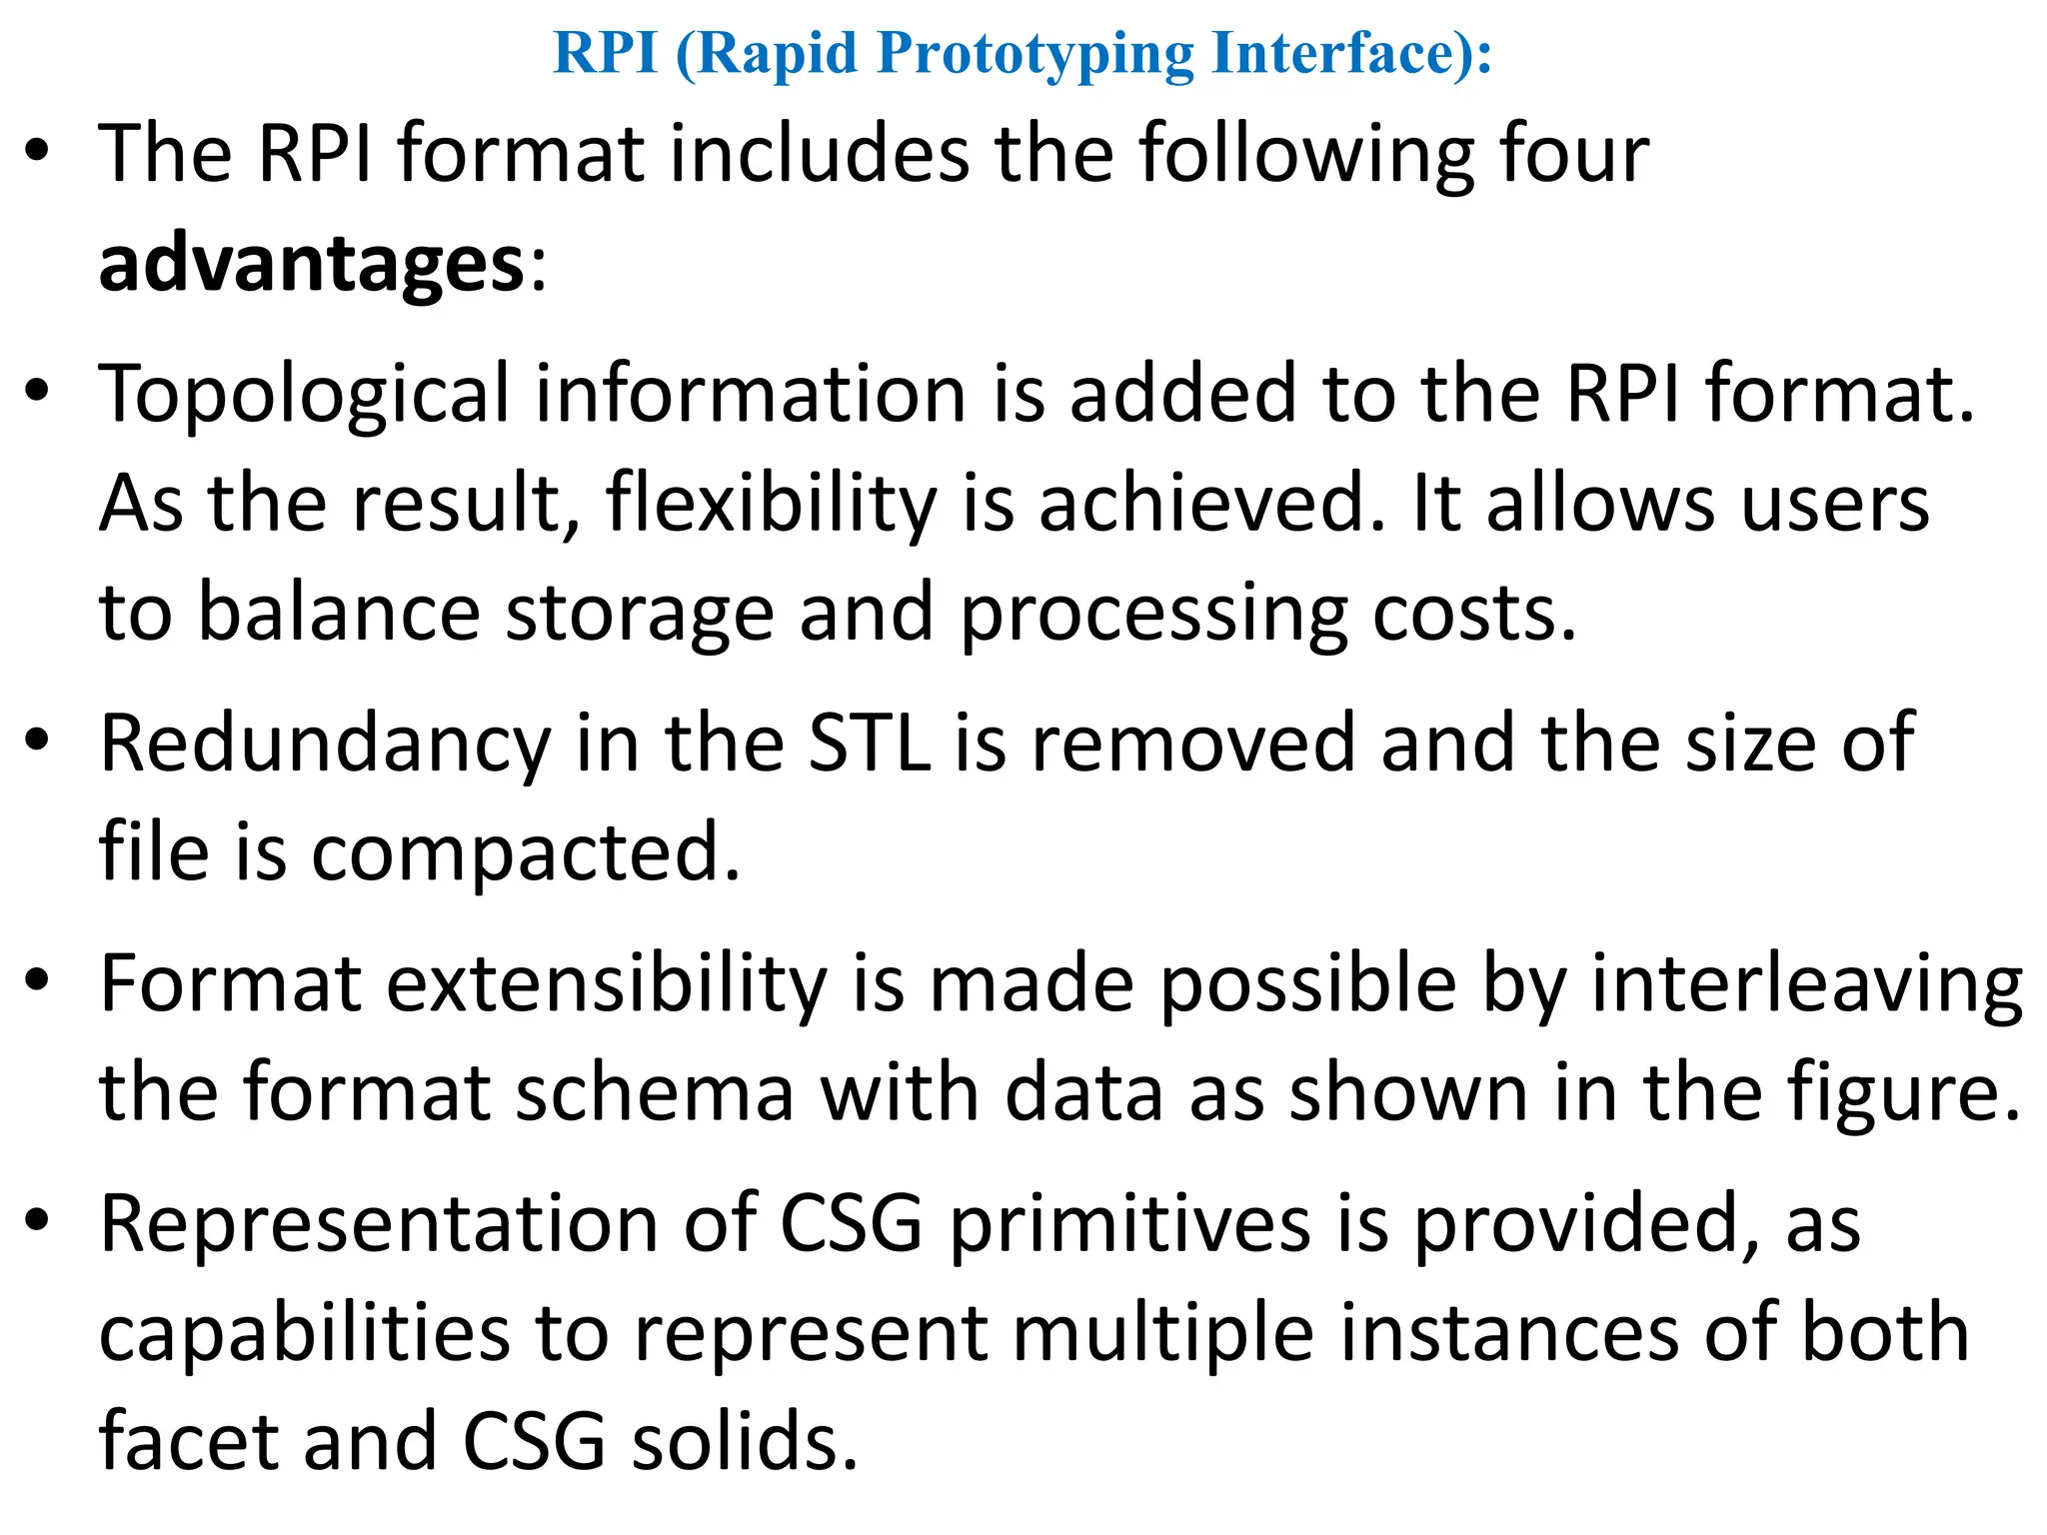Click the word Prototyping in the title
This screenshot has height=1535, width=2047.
(1034, 54)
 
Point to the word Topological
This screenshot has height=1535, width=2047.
(304, 396)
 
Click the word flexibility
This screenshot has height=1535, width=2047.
(771, 504)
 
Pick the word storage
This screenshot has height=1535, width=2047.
(640, 613)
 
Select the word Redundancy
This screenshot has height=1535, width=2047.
(325, 745)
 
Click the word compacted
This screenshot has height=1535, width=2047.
(526, 852)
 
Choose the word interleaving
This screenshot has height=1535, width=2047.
(1807, 985)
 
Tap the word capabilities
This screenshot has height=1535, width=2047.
(304, 1335)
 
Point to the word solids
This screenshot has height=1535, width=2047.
(744, 1442)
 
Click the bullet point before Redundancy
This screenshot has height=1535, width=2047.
(38, 742)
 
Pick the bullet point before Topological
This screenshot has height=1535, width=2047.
(38, 392)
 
